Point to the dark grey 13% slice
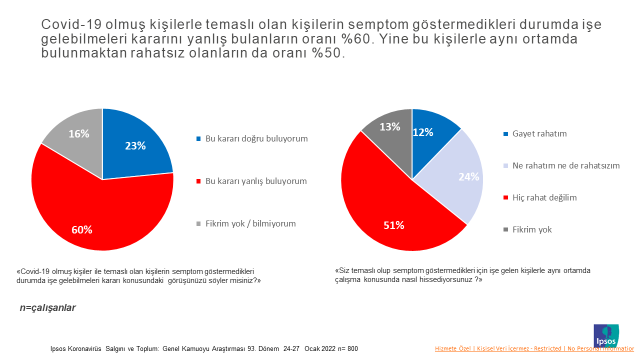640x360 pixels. [x=388, y=130]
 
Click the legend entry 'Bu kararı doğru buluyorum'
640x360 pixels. [x=255, y=138]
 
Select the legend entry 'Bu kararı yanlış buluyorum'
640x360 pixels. [x=255, y=181]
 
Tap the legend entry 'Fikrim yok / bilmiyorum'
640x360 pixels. [x=251, y=223]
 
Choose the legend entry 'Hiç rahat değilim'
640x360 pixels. [x=544, y=197]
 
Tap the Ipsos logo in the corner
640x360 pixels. [x=606, y=334]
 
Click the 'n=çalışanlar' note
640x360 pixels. [x=47, y=307]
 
